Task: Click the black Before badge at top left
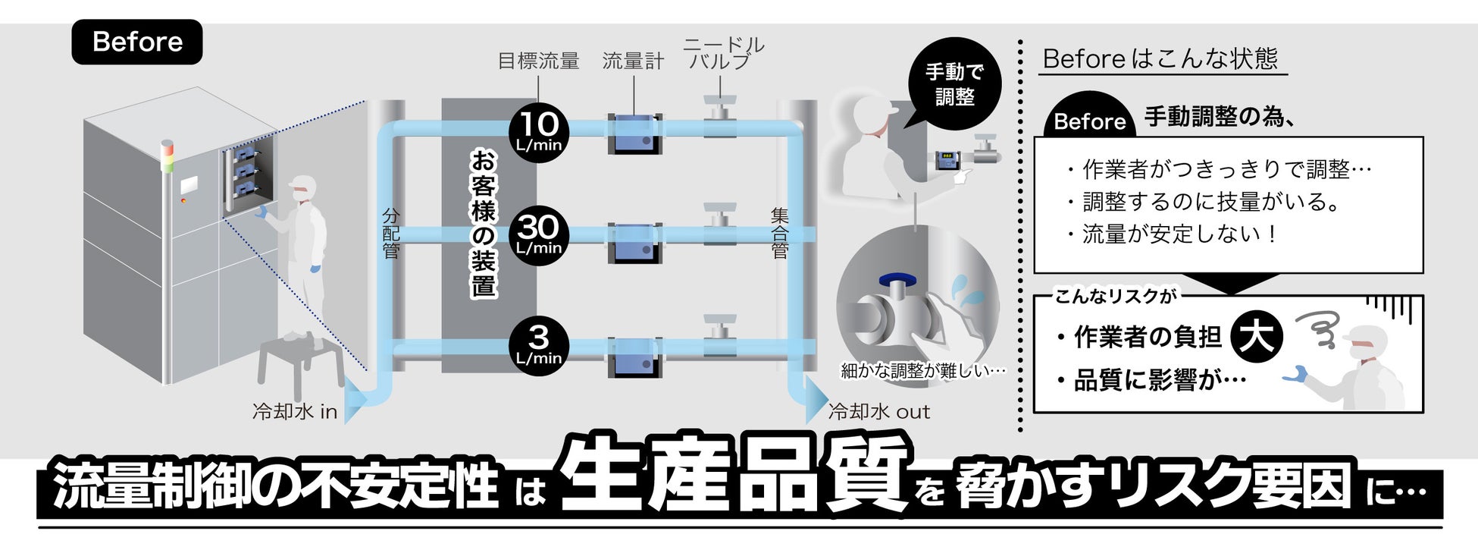[137, 42]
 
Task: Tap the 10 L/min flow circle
[539, 132]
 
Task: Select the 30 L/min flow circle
[539, 235]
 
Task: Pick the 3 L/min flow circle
[539, 345]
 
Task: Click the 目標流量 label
[538, 61]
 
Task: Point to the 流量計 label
[633, 61]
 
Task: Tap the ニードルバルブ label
[723, 53]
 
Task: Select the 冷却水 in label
[295, 412]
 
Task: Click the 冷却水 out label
[879, 412]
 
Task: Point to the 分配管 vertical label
[391, 233]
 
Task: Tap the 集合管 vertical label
[780, 233]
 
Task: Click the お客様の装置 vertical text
[484, 223]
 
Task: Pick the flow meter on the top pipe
[634, 134]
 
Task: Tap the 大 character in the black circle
[1257, 335]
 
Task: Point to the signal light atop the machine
[167, 156]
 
